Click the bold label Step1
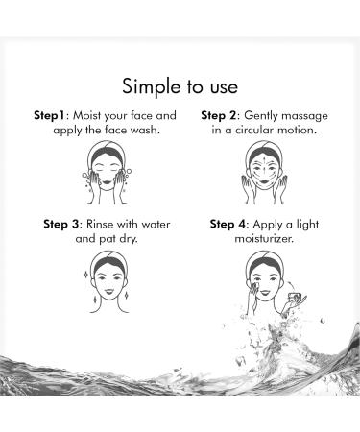pos(50,114)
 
